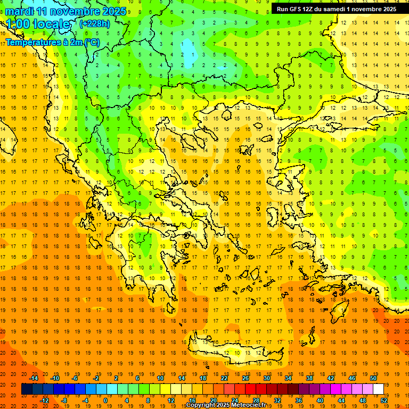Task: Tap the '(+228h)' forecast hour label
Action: [95, 23]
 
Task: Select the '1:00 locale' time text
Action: [38, 24]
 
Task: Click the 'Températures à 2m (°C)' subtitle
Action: [52, 42]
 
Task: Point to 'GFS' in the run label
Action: [296, 9]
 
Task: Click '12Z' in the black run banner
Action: [309, 9]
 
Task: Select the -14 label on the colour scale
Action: [34, 378]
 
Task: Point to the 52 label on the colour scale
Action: [384, 400]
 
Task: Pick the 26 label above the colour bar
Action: [246, 378]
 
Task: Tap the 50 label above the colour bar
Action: [373, 378]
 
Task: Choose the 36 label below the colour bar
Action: [298, 400]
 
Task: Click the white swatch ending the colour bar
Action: [378, 389]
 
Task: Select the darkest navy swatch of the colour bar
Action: [27, 389]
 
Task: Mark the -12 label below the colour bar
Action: [44, 400]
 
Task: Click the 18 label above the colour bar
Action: [203, 378]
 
